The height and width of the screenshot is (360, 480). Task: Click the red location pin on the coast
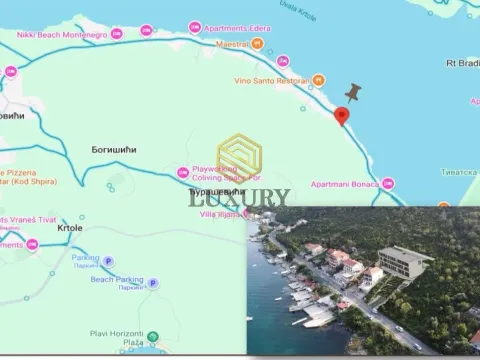tap(341, 116)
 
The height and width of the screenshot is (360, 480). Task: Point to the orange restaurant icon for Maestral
tap(258, 44)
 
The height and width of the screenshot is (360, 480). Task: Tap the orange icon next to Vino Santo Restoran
tap(319, 79)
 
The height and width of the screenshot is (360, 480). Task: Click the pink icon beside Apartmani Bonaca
tap(387, 184)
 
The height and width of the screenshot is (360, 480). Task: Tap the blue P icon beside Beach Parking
tap(153, 283)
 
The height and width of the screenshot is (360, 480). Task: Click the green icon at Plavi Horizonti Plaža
tap(153, 337)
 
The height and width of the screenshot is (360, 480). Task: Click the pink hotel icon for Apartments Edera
tap(194, 28)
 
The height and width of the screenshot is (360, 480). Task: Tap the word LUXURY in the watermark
tap(239, 198)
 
